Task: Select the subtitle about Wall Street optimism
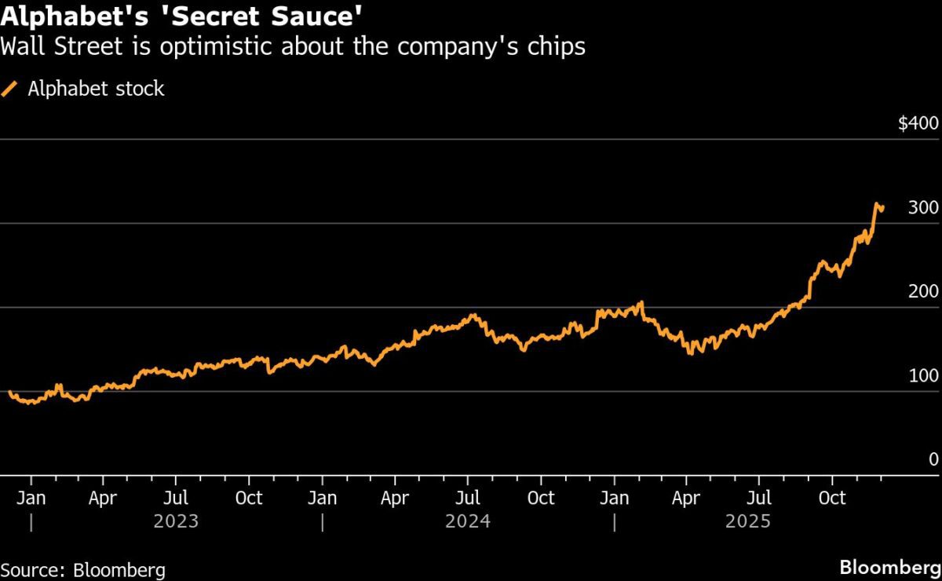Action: point(293,47)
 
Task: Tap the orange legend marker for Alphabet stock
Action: point(10,89)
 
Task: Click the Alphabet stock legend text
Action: point(96,89)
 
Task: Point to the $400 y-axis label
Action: point(918,124)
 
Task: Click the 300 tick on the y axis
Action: point(923,208)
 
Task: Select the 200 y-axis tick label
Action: point(923,292)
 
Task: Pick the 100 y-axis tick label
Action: point(923,376)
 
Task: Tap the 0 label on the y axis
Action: point(933,460)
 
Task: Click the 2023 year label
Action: point(177,521)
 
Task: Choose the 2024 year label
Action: point(468,521)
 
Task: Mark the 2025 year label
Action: point(748,521)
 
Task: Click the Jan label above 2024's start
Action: point(323,498)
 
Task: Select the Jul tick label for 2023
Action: point(176,498)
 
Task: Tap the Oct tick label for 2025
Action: point(832,498)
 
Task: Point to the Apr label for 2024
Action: point(395,498)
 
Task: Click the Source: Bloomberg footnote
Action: point(83,569)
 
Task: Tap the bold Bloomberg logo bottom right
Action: point(889,568)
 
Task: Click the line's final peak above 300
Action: point(877,204)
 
